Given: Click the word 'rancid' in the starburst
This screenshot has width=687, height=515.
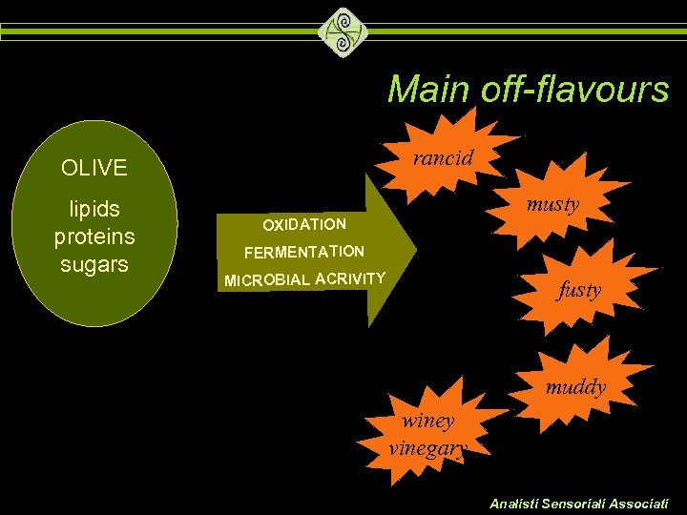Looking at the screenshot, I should click(443, 157).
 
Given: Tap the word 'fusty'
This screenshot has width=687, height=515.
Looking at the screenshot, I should click(579, 289).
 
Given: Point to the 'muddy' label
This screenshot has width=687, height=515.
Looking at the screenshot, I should click(575, 386).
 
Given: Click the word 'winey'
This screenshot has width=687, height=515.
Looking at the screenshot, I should click(428, 420).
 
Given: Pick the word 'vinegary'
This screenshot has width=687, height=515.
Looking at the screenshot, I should click(427, 448).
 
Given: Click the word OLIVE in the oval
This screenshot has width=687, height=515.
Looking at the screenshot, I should click(94, 169).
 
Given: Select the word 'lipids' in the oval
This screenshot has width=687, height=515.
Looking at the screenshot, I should click(94, 208).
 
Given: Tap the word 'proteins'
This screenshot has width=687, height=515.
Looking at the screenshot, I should click(94, 236).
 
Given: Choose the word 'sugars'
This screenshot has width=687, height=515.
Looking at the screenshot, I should click(94, 263).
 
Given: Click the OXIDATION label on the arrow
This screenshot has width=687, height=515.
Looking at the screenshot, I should click(304, 224).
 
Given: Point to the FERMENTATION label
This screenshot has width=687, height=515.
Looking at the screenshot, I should click(304, 253).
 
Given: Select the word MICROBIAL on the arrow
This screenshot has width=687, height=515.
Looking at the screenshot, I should click(267, 280).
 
